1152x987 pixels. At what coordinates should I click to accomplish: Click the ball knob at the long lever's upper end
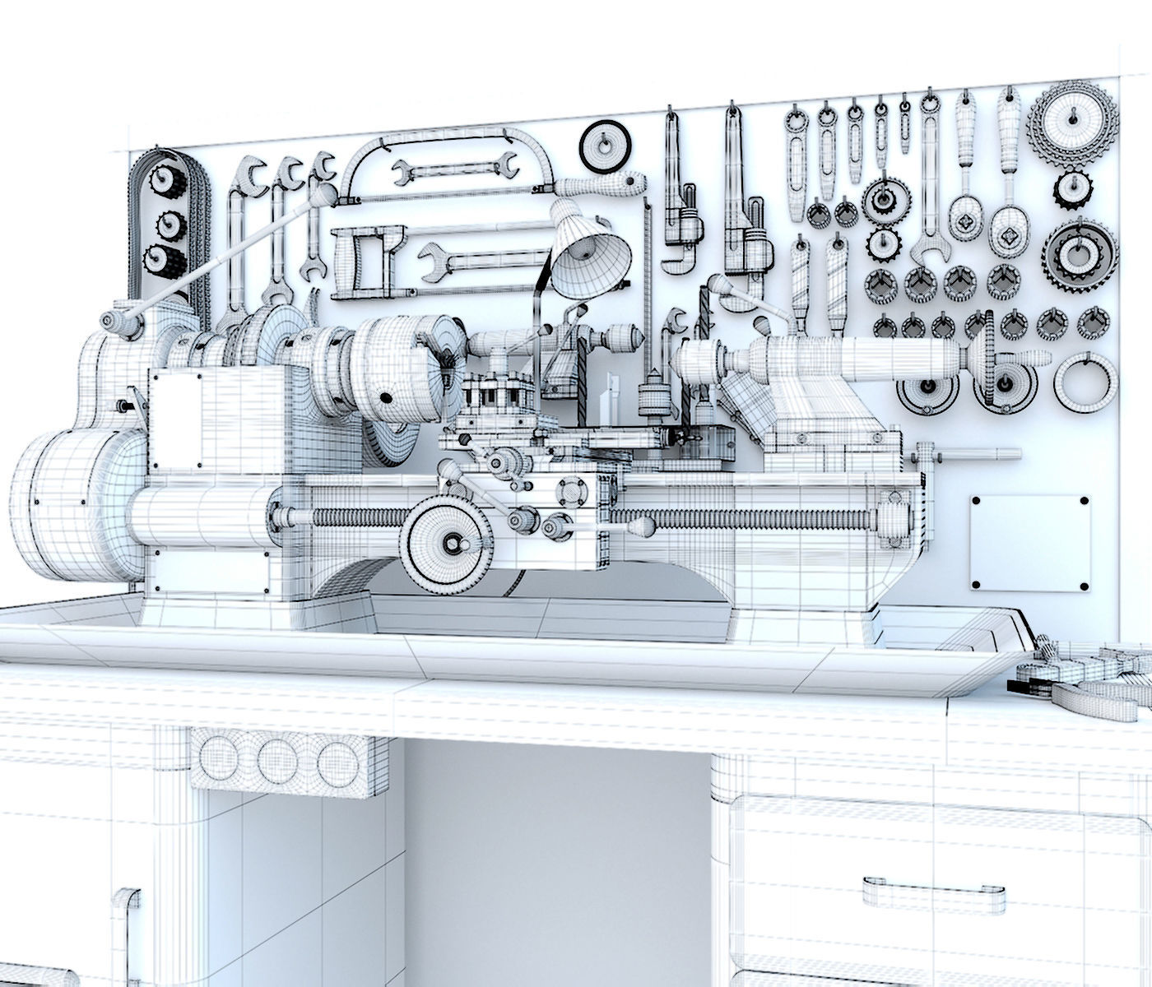coord(324,193)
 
